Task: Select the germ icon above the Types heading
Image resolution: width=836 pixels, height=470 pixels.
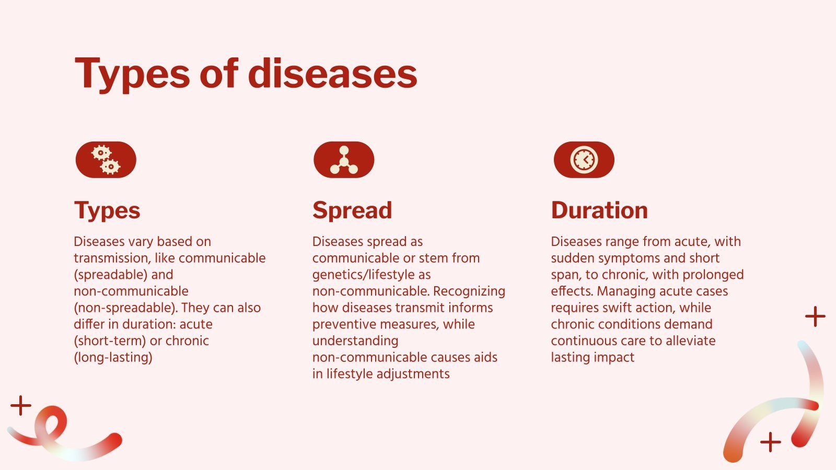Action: pyautogui.click(x=106, y=160)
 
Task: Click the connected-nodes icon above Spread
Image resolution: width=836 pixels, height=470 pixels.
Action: pyautogui.click(x=344, y=160)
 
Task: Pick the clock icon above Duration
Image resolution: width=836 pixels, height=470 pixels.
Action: pyautogui.click(x=584, y=160)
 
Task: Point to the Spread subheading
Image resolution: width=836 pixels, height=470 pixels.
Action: pyautogui.click(x=352, y=210)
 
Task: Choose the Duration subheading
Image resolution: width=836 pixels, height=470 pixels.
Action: pyautogui.click(x=599, y=210)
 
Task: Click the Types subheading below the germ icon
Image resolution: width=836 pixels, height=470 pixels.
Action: pyautogui.click(x=107, y=210)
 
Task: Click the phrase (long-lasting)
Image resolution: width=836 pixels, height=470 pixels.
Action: pyautogui.click(x=113, y=358)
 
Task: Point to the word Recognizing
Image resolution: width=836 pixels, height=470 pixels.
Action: pyautogui.click(x=469, y=291)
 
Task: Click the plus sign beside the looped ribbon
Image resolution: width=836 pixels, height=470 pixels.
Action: pyautogui.click(x=21, y=405)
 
